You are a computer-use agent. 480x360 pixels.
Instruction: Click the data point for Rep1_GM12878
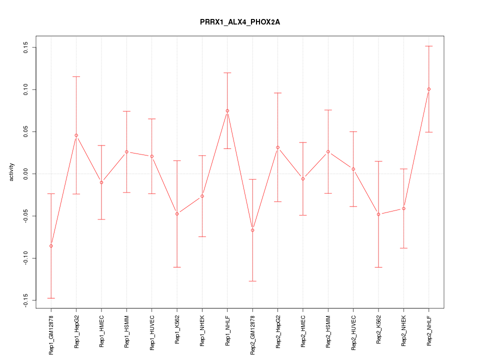(51, 246)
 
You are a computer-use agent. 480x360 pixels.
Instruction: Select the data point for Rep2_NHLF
(428, 89)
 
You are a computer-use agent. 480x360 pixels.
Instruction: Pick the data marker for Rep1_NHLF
(227, 110)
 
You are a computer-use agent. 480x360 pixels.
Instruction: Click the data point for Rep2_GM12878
(252, 230)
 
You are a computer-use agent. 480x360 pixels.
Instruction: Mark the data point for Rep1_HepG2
(76, 135)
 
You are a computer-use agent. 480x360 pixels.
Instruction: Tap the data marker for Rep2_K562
(378, 214)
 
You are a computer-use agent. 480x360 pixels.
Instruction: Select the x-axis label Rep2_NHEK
(403, 330)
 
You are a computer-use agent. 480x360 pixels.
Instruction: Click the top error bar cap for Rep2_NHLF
(428, 46)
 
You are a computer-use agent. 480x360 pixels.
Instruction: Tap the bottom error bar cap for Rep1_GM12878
(51, 298)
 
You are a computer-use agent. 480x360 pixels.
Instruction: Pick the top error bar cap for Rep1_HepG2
(76, 76)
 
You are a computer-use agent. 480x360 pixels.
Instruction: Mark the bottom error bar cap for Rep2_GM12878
(252, 281)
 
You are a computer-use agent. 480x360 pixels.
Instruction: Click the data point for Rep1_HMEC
(101, 182)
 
